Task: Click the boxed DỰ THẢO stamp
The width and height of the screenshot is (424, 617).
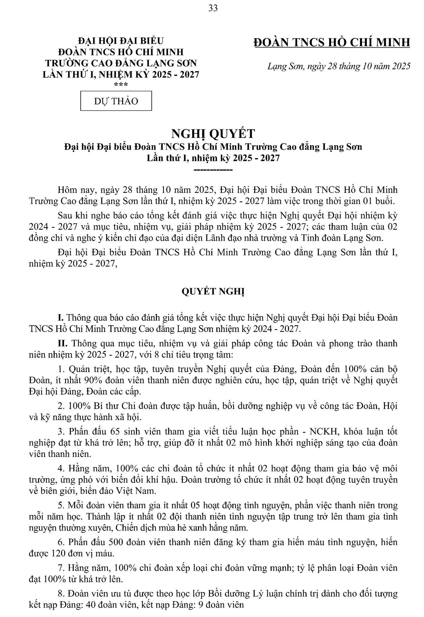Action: click(x=116, y=101)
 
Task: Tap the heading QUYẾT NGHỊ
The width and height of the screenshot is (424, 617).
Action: click(x=213, y=291)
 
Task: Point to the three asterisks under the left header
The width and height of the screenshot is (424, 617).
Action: click(x=121, y=85)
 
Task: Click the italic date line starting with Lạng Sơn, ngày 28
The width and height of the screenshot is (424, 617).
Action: click(x=339, y=66)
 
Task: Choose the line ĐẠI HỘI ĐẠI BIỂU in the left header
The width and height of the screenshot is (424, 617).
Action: click(x=121, y=41)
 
